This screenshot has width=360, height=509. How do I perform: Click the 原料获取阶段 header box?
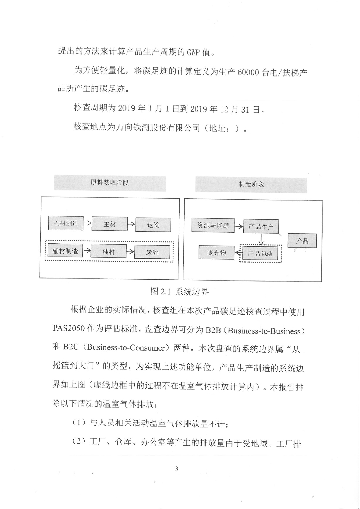pyautogui.click(x=109, y=183)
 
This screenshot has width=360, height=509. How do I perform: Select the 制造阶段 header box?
pyautogui.click(x=251, y=184)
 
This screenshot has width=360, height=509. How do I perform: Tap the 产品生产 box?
pyautogui.click(x=261, y=227)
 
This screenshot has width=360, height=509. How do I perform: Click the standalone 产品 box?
pyautogui.click(x=302, y=241)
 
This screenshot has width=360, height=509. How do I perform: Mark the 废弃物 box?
pyautogui.click(x=216, y=253)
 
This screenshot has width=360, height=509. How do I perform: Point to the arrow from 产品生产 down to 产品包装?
pyautogui.click(x=261, y=239)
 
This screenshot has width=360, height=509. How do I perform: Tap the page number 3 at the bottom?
pyautogui.click(x=177, y=469)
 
